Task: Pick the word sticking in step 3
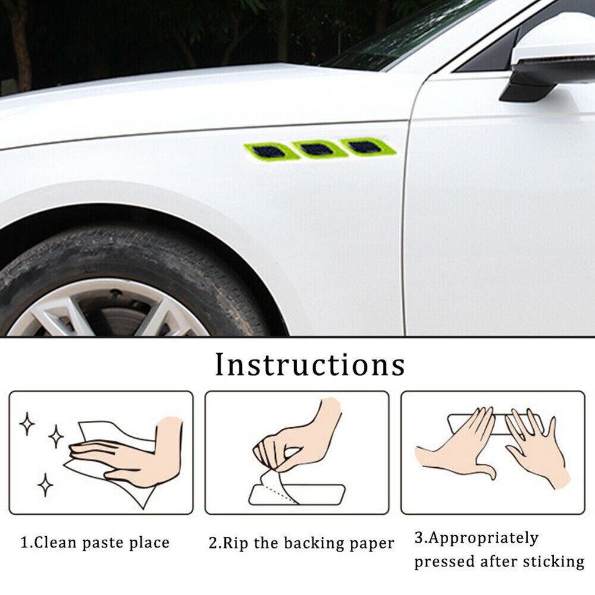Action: [x=555, y=562]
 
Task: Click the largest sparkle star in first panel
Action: [x=56, y=437]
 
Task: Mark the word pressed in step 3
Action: [x=443, y=562]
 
